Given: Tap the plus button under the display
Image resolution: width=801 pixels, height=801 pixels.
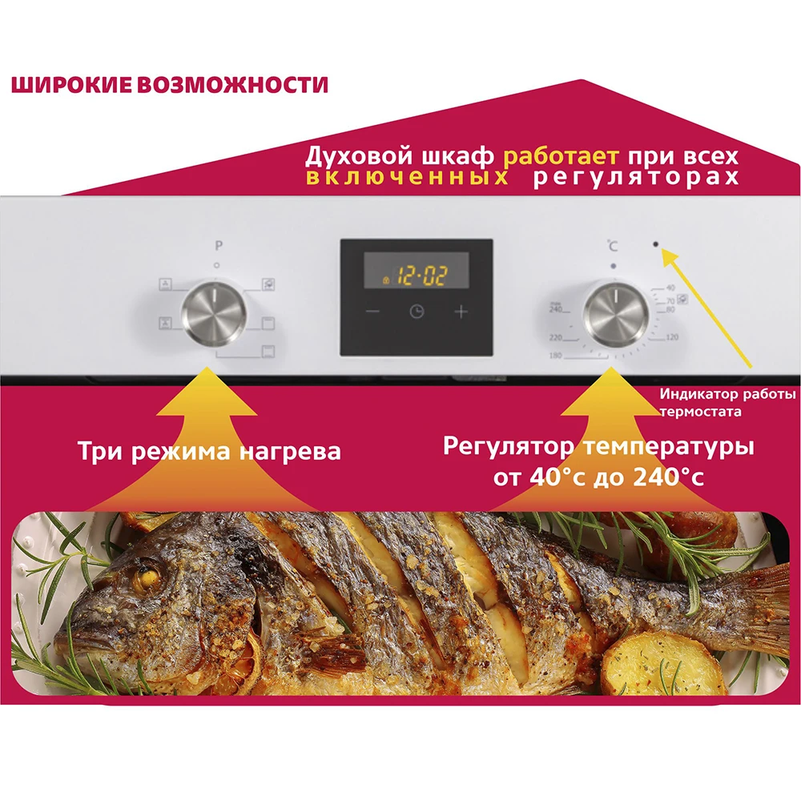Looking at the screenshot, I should (x=461, y=312).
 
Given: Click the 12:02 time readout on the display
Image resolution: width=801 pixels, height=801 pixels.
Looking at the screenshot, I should (x=423, y=277).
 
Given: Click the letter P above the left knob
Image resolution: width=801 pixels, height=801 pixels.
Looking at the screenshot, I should (x=217, y=248).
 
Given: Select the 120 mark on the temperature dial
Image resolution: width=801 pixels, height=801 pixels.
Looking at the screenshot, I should (x=671, y=337).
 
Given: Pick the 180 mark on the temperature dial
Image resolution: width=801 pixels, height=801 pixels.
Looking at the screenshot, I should (x=555, y=354).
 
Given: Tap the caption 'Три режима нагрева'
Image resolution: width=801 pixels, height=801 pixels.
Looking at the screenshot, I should (x=209, y=451).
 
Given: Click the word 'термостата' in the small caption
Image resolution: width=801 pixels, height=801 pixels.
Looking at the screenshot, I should (x=699, y=412).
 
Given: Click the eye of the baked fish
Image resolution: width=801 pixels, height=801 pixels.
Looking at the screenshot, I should (x=147, y=574).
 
